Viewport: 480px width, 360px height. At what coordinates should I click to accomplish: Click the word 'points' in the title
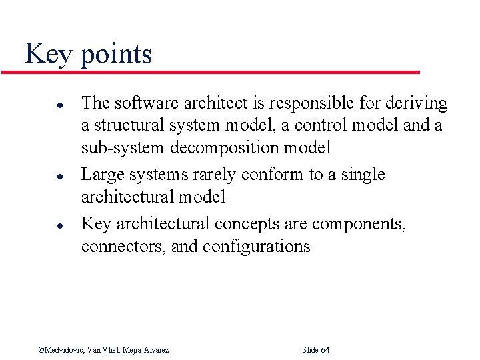(x=116, y=55)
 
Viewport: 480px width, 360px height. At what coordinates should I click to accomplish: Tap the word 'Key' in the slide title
(x=48, y=53)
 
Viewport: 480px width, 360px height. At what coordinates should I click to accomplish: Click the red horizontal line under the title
(x=220, y=72)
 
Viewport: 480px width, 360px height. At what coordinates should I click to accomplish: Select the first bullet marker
(x=41, y=104)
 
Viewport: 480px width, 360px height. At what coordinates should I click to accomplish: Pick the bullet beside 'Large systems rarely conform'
(x=41, y=175)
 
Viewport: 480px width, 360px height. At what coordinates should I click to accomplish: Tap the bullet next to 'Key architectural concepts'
(x=41, y=225)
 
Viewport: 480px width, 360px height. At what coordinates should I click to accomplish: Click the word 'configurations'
(x=257, y=247)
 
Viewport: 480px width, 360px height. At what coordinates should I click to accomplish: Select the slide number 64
(x=325, y=350)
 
